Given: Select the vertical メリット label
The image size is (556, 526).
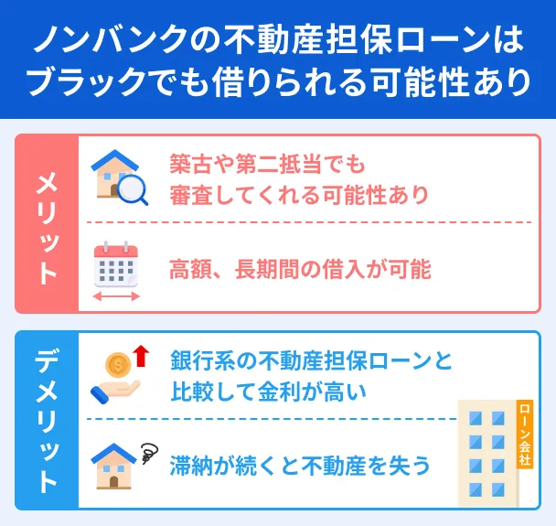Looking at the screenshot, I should (47, 224).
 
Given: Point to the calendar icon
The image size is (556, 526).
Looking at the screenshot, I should (115, 264).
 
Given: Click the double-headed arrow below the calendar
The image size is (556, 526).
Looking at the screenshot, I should (116, 296).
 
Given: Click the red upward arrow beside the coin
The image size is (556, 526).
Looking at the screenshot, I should (140, 355).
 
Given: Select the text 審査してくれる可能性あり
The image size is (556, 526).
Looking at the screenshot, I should (298, 195).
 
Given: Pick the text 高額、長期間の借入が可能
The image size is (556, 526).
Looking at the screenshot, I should (299, 269).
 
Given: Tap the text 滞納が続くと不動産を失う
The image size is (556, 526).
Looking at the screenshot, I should (299, 466).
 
